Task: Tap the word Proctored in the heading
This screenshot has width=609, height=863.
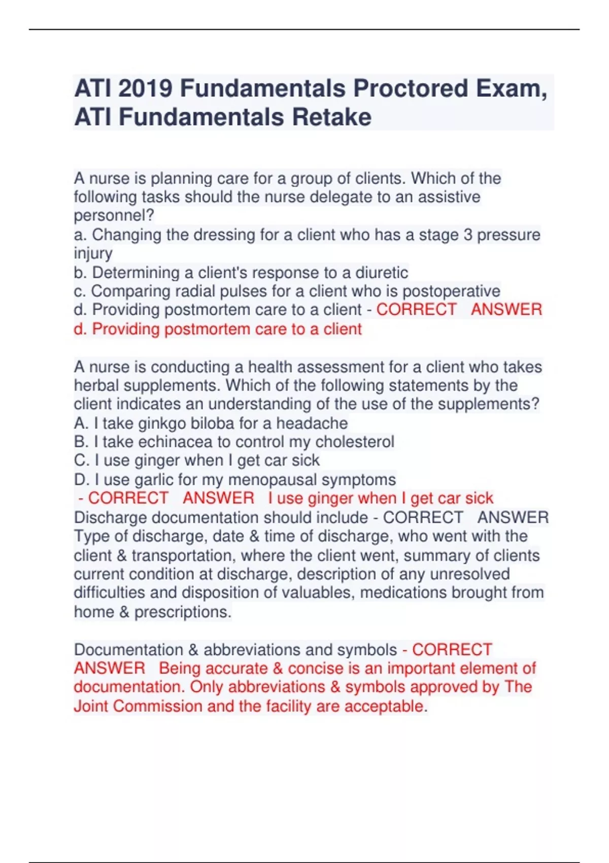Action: pos(411,88)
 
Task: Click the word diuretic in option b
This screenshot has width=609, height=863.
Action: pos(381,273)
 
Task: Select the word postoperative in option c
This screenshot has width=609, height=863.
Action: pos(451,291)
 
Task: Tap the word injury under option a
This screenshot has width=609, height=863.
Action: pos(93,253)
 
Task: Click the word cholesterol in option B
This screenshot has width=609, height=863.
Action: pos(355,442)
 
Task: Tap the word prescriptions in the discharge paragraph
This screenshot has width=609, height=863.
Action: pos(183,612)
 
